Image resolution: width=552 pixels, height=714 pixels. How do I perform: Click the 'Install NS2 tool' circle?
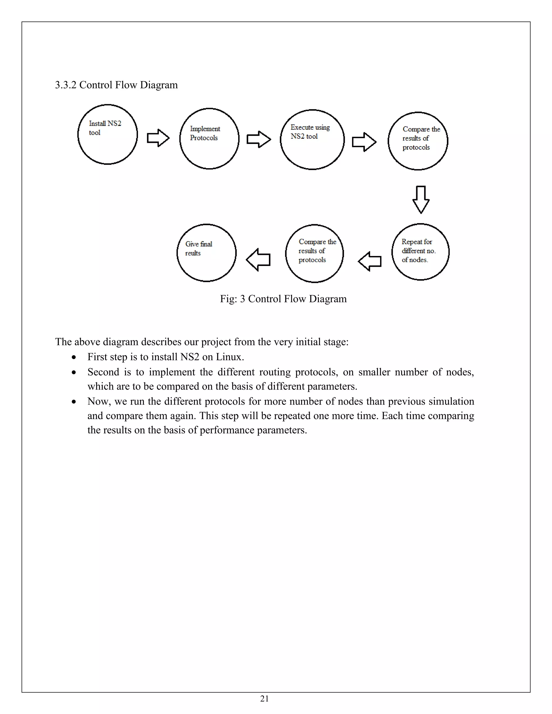108,134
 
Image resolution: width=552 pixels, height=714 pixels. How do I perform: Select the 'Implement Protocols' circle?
209,138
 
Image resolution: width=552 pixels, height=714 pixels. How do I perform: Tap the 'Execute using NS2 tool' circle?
312,140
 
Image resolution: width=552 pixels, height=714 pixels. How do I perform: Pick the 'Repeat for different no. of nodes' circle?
420,252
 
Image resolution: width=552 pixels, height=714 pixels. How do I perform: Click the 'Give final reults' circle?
206,253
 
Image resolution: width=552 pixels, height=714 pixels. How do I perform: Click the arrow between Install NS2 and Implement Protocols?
158,138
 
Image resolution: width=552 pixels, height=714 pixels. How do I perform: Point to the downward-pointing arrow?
421,199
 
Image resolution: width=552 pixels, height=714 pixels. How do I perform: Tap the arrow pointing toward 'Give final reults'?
258,259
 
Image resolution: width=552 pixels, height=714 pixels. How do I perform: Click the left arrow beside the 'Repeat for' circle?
370,261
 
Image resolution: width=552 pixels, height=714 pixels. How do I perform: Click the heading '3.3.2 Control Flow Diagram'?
116,85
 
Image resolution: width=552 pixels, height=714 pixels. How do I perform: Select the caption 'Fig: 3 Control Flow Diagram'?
283,299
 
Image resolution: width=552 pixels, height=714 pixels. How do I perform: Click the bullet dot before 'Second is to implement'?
74,372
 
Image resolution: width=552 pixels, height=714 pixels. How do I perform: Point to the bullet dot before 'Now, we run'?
74,402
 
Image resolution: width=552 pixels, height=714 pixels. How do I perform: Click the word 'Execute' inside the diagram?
302,127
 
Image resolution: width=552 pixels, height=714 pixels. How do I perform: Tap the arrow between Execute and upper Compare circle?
364,142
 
